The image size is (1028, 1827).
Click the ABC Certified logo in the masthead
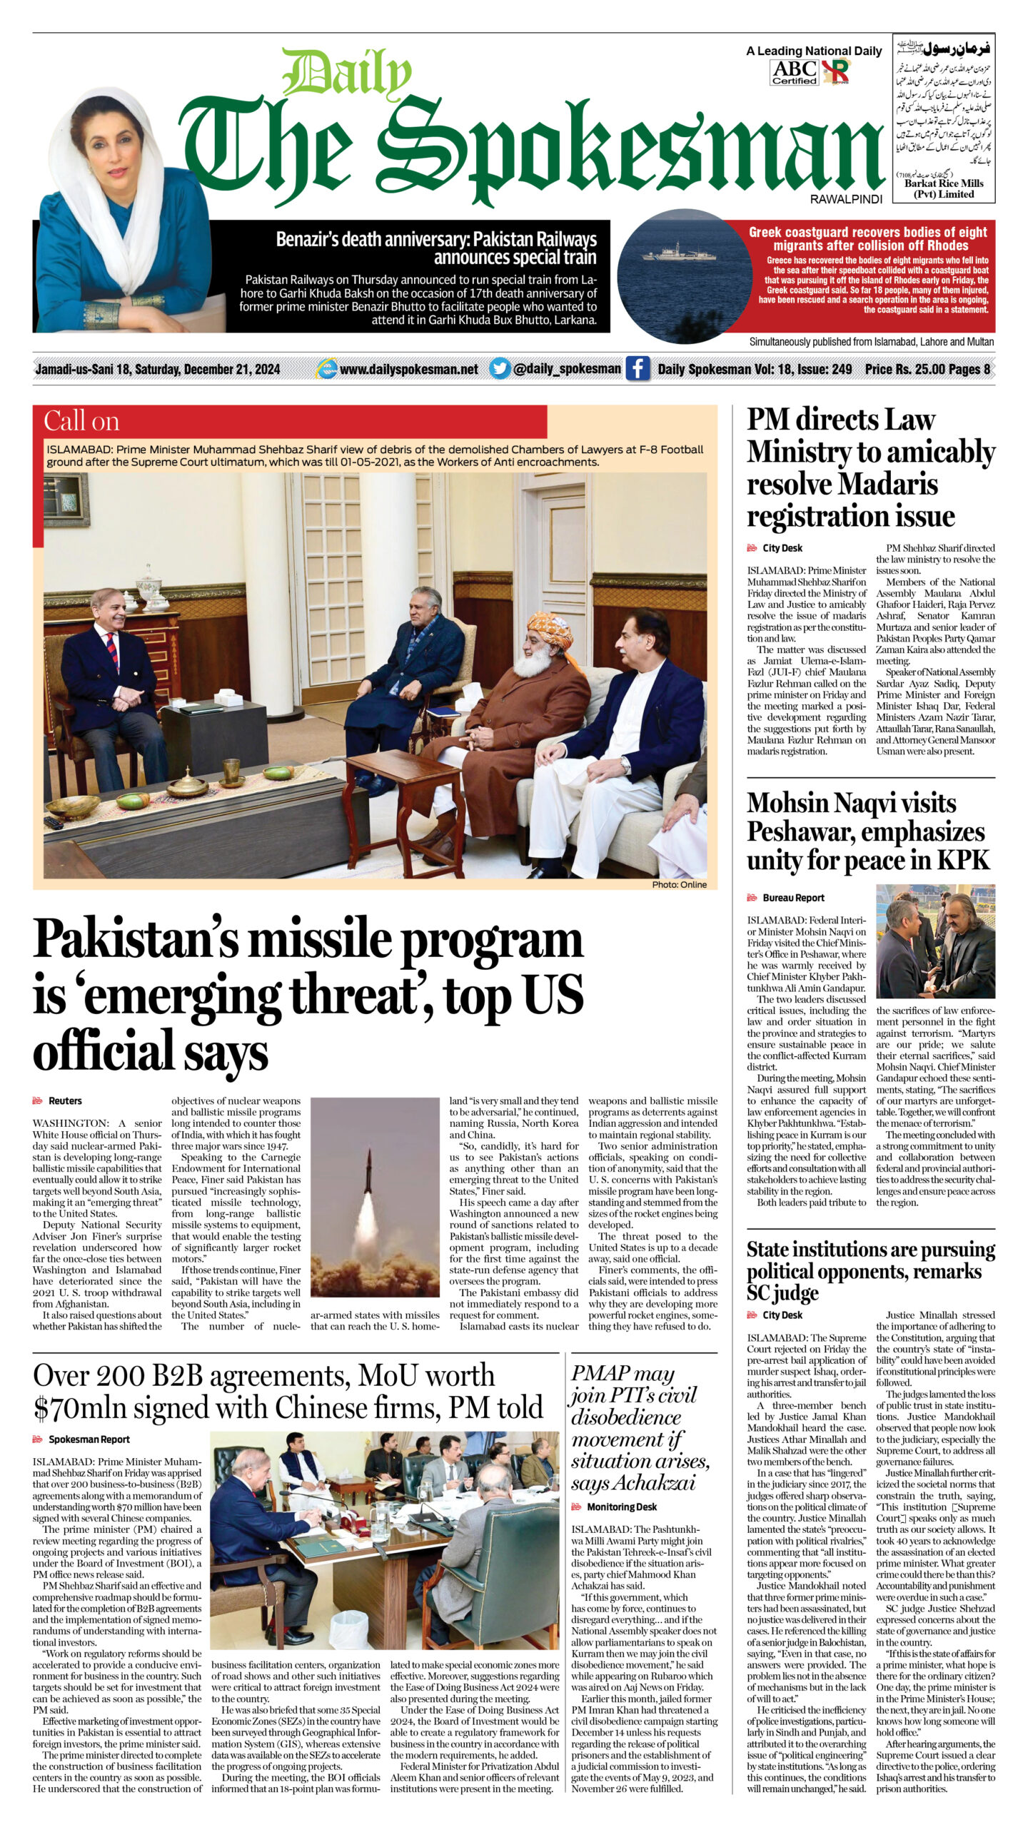[x=794, y=72]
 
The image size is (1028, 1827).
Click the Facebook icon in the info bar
[x=638, y=369]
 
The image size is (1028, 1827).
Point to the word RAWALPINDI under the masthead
[x=845, y=200]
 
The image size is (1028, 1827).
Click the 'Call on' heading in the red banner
[x=81, y=421]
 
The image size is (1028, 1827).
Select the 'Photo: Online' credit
[x=679, y=884]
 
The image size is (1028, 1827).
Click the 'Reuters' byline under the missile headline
[x=65, y=1101]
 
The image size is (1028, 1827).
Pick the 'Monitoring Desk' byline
[x=621, y=1507]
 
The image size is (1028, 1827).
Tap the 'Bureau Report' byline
[x=793, y=898]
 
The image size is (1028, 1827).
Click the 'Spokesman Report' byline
[x=89, y=1439]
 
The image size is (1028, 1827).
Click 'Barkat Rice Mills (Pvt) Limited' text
[x=944, y=188]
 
